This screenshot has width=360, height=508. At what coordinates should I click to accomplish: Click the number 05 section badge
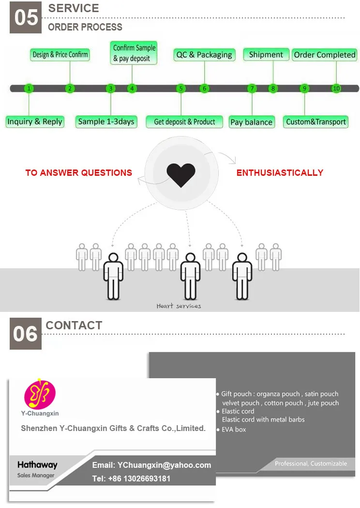26,17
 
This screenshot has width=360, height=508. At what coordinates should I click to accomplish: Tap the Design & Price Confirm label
60,55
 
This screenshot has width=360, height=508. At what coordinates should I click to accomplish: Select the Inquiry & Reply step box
34,122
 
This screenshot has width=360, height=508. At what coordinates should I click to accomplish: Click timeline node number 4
132,89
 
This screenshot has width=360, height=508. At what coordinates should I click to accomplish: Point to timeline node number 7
252,89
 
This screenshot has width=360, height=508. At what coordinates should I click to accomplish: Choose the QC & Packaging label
204,55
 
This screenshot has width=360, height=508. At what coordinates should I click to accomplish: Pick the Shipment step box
266,55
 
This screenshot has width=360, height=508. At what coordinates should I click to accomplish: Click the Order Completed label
324,55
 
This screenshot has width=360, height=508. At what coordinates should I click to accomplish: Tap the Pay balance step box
251,122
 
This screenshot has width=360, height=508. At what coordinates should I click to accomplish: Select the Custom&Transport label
316,122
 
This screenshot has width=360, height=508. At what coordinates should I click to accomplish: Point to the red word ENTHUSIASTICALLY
280,172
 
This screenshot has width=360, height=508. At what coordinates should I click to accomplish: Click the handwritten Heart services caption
179,306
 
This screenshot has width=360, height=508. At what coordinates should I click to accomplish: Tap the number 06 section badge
26,334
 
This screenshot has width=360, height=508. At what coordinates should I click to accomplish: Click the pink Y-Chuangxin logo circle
40,394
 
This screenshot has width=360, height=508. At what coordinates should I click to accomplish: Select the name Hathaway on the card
37,465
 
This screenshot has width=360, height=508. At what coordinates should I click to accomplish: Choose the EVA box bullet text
234,430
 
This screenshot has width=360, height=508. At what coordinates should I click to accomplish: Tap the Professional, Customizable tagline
311,463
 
